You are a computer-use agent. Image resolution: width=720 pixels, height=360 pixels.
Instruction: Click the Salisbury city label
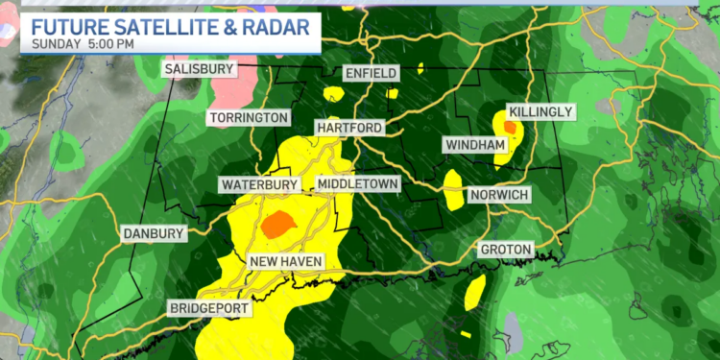(198, 69)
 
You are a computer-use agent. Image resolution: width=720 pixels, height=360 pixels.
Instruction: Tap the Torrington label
(247, 117)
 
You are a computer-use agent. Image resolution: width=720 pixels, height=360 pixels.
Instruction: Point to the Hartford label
(348, 128)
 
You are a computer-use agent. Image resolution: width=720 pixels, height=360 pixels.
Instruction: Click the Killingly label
(540, 112)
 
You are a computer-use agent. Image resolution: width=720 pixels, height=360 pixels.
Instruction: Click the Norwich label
(499, 195)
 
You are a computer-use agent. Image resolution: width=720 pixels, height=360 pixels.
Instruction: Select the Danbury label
(153, 233)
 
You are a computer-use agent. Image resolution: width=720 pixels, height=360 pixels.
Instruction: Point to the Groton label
(505, 250)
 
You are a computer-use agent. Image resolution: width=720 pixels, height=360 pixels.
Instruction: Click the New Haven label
(286, 262)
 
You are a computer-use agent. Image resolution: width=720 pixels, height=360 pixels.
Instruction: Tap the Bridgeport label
(209, 308)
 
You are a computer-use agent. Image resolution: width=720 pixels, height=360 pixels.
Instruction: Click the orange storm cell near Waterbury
(277, 224)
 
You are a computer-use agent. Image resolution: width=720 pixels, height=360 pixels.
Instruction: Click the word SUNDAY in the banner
(59, 44)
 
